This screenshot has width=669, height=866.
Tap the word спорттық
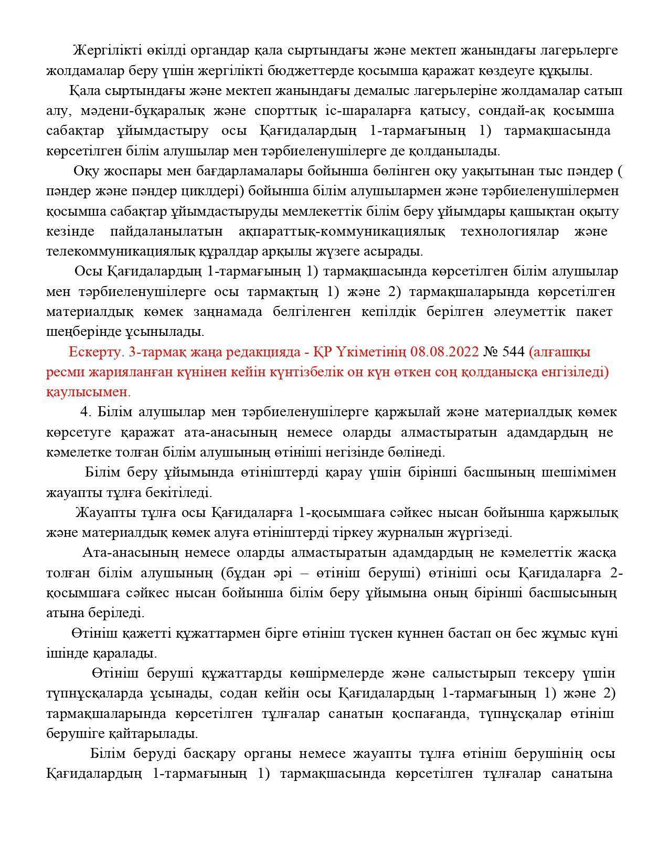point(285,111)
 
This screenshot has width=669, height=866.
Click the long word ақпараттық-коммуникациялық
point(342,231)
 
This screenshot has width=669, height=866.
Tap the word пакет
point(594,312)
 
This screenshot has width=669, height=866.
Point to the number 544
point(513,352)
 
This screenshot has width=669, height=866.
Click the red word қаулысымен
point(89,392)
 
